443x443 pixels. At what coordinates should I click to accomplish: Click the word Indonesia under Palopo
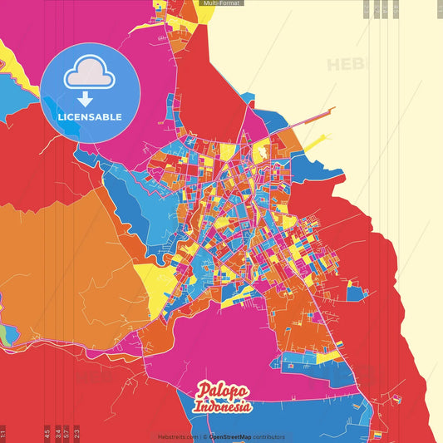[x=224, y=407]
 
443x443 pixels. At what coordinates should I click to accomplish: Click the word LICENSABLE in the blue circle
[x=89, y=116]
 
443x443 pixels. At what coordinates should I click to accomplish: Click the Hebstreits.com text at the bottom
[x=178, y=436]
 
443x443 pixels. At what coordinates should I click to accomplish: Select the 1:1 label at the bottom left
[x=3, y=433]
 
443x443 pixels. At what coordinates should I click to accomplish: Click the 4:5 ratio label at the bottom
[x=47, y=433]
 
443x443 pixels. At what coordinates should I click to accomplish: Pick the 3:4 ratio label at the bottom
[x=57, y=433]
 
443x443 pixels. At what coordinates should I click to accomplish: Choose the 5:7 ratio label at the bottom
[x=66, y=433]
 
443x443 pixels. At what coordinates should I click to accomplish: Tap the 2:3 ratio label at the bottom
[x=76, y=433]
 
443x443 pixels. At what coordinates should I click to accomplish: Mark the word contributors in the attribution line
[x=268, y=436]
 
